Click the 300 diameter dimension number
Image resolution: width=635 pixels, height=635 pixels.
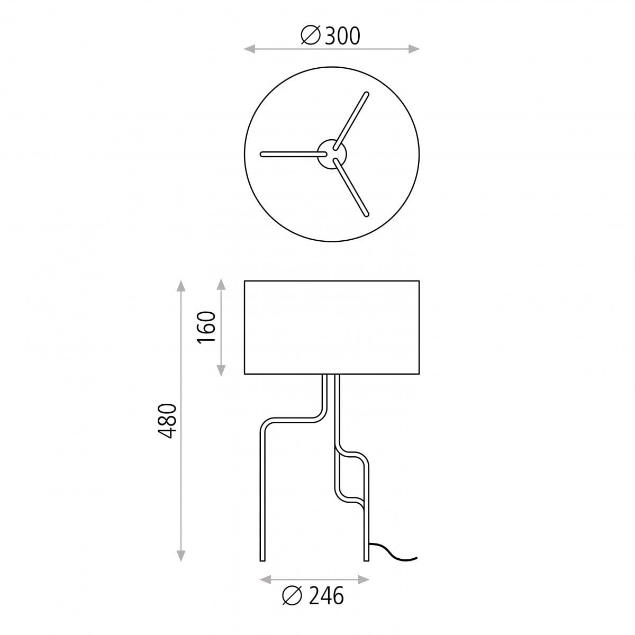click(342, 36)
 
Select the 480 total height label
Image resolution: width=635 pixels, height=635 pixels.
click(168, 421)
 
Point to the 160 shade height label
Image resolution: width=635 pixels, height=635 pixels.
click(206, 327)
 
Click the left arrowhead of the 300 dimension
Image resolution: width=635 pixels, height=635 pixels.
click(249, 49)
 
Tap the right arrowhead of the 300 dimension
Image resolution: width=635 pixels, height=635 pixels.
click(414, 49)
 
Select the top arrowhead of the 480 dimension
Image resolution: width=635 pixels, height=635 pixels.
click(180, 286)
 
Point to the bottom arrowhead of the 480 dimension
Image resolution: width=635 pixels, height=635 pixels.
click(180, 556)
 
